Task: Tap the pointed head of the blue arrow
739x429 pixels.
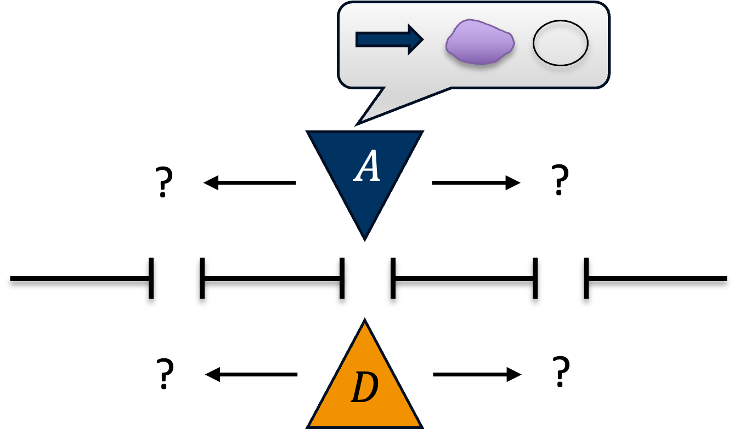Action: pos(421,39)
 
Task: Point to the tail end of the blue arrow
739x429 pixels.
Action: pos(358,39)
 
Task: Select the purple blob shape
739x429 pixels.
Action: pos(480,42)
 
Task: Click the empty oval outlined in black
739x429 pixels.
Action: pos(560,43)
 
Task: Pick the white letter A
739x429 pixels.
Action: pos(367,167)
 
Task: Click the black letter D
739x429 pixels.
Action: pos(365,388)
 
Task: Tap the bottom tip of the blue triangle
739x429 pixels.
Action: pos(365,238)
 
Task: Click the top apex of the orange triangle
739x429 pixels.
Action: pos(365,321)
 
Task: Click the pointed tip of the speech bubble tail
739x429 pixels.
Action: pos(357,124)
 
